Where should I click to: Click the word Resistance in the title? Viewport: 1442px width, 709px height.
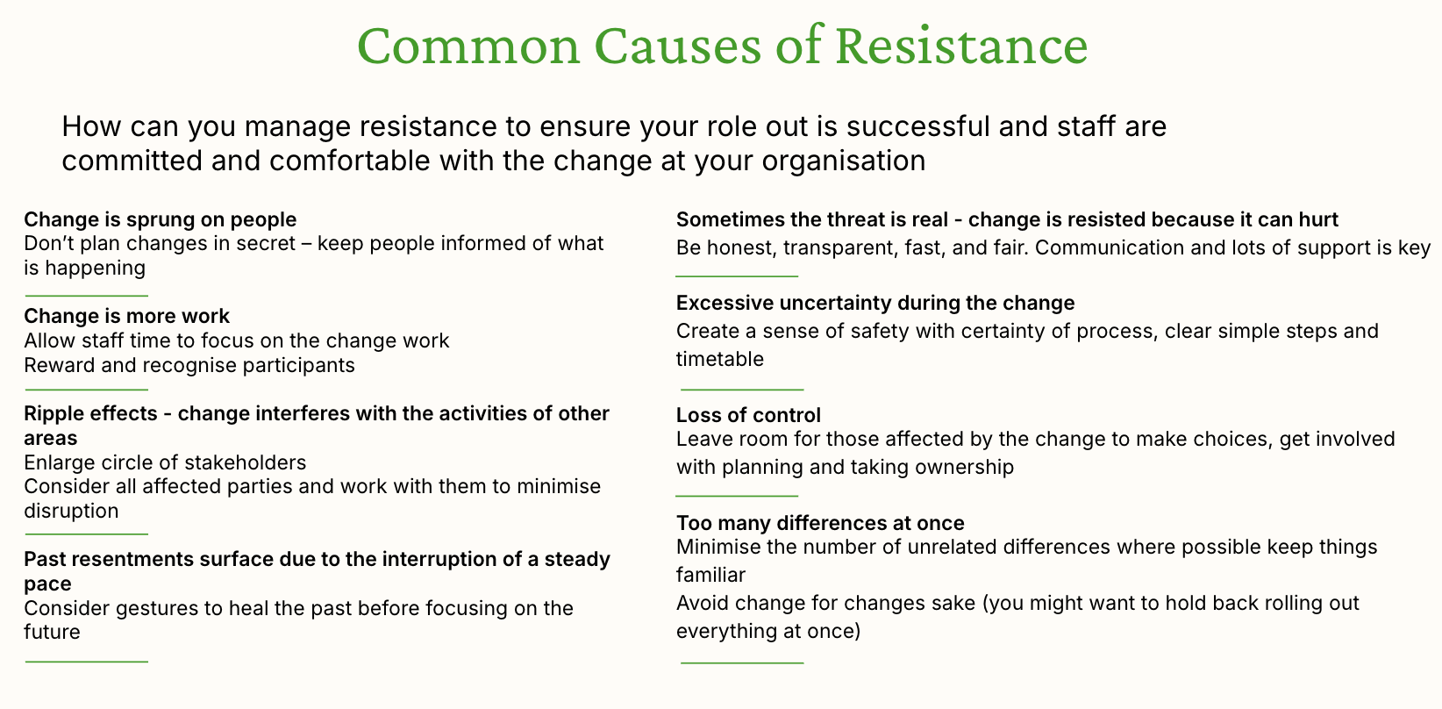pyautogui.click(x=961, y=46)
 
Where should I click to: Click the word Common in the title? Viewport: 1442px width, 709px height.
pyautogui.click(x=468, y=46)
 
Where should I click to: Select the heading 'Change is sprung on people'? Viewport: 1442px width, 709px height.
pyautogui.click(x=161, y=219)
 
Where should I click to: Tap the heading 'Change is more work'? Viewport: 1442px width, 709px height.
pyautogui.click(x=127, y=316)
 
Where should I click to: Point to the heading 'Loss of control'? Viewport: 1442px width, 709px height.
pyautogui.click(x=749, y=415)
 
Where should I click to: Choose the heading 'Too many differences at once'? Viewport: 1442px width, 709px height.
pyautogui.click(x=820, y=523)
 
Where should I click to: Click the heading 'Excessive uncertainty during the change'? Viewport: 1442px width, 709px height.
pyautogui.click(x=875, y=303)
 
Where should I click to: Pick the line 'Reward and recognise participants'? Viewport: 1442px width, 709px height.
pyautogui.click(x=189, y=365)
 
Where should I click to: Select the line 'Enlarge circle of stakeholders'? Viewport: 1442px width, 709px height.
pyautogui.click(x=165, y=462)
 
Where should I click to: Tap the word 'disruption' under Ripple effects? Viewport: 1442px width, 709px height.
pyautogui.click(x=71, y=511)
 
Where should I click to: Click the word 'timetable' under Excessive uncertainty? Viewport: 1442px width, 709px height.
pyautogui.click(x=720, y=359)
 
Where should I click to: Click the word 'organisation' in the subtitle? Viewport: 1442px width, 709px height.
pyautogui.click(x=844, y=161)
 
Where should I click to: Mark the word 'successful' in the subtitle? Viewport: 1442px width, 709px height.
pyautogui.click(x=918, y=126)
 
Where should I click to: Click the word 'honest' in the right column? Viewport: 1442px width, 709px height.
pyautogui.click(x=739, y=248)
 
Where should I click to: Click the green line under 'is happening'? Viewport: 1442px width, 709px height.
pyautogui.click(x=87, y=296)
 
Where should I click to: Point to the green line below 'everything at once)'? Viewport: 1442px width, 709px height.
pyautogui.click(x=742, y=662)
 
